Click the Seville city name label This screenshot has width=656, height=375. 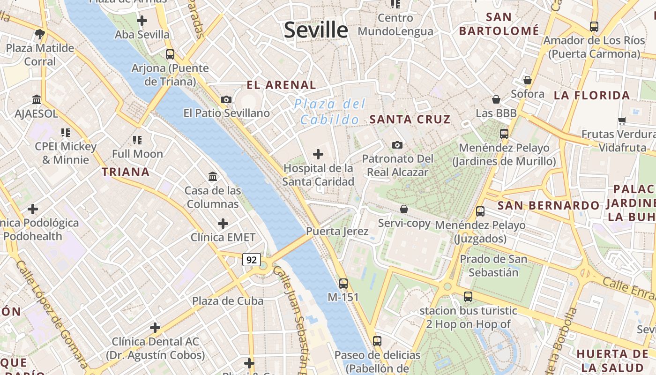point(316,30)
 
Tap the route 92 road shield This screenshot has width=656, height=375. point(252,259)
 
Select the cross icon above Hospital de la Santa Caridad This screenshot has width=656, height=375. point(318,154)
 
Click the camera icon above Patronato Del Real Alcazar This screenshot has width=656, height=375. point(397,145)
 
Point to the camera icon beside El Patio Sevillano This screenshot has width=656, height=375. point(226,99)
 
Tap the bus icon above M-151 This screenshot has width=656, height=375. point(343,283)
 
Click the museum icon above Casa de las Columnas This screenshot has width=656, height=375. point(213,177)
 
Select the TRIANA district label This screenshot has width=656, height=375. point(126,172)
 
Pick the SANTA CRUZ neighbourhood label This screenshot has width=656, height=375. point(410,120)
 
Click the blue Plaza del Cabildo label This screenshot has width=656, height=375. point(330,112)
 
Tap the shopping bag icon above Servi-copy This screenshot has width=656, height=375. point(404,209)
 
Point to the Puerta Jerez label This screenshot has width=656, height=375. point(337,231)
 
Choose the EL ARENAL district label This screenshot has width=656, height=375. point(282,85)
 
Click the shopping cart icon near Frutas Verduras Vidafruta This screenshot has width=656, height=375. point(622,120)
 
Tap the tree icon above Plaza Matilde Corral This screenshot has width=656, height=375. point(40,34)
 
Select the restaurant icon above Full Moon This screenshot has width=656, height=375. point(137,140)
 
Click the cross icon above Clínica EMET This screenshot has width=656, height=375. point(223,223)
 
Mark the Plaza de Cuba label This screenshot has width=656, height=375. point(228,301)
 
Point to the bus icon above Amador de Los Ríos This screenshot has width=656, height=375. point(594,27)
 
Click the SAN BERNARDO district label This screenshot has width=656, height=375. point(548,206)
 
